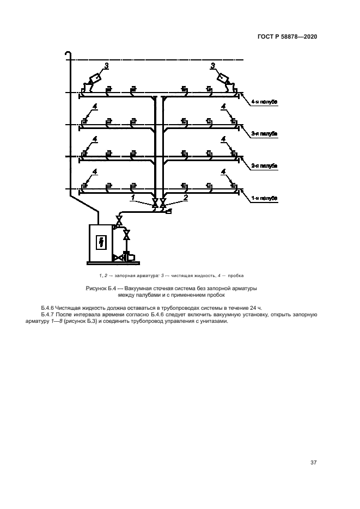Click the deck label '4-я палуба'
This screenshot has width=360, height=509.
265,101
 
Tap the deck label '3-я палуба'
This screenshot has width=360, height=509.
265,133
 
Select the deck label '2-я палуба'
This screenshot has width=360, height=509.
265,165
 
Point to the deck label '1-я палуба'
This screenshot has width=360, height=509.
265,198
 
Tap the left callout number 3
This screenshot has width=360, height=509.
106,66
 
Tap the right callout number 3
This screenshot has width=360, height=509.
213,66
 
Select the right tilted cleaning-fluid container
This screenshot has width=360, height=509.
224,79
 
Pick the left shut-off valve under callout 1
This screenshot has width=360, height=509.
155,204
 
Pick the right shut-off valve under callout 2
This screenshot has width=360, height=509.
163,204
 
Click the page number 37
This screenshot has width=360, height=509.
313,463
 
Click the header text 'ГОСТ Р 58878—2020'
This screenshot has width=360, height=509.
287,36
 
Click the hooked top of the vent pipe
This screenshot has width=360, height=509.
67,53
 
